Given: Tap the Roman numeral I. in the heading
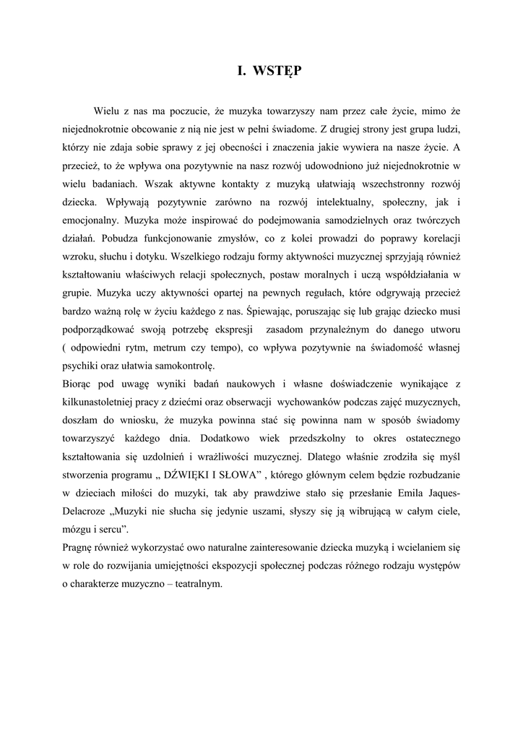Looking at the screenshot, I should (243, 71).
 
